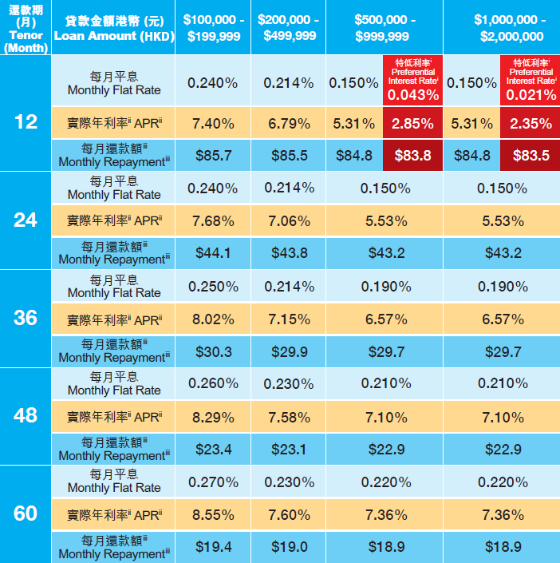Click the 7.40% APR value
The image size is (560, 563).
(213, 123)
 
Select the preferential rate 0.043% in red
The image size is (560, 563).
(413, 95)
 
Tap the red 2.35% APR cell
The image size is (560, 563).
(530, 123)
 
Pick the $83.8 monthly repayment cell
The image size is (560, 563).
(413, 156)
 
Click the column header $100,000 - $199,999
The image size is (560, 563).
(213, 28)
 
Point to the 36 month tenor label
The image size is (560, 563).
(26, 318)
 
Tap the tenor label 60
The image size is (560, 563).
(26, 513)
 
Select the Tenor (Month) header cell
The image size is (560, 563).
(26, 28)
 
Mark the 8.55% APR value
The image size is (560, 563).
(213, 515)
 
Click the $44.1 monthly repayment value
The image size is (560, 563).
(213, 253)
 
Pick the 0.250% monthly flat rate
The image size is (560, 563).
(213, 286)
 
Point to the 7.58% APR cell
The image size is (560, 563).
(288, 417)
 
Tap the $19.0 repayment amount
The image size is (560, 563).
(288, 547)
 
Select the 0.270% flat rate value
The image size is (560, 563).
(213, 482)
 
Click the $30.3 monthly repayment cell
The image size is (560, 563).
(213, 351)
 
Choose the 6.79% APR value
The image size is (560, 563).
(288, 123)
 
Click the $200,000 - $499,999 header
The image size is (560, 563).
(288, 28)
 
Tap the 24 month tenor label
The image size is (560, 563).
(26, 220)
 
